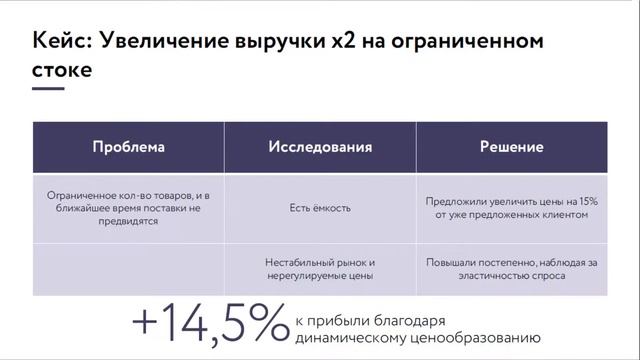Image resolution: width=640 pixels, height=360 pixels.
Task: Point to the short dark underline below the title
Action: click(x=48, y=89)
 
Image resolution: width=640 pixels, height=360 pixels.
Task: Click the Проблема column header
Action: click(x=128, y=147)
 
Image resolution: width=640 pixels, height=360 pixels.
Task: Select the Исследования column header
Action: click(x=320, y=147)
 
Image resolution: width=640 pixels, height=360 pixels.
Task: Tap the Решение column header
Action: click(x=511, y=147)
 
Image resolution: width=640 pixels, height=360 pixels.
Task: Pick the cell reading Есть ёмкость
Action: click(x=320, y=208)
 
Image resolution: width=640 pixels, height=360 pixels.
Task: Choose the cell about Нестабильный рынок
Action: click(x=320, y=267)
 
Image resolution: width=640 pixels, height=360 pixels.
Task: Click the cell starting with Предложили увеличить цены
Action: click(x=511, y=208)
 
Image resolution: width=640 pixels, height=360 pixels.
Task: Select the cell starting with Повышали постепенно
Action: click(x=511, y=267)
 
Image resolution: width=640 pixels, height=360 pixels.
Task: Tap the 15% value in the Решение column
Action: click(x=586, y=201)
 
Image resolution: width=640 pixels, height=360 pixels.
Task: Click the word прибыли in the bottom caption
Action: click(x=338, y=320)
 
